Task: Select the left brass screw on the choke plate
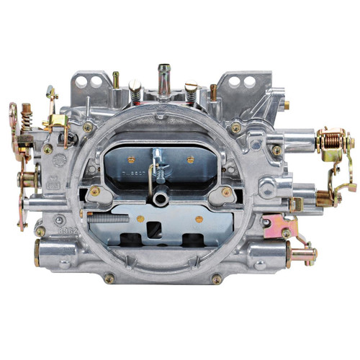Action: pyautogui.click(x=131, y=157)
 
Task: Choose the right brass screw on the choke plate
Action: pyautogui.click(x=190, y=159)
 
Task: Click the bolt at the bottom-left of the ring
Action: pyautogui.click(x=109, y=277)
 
